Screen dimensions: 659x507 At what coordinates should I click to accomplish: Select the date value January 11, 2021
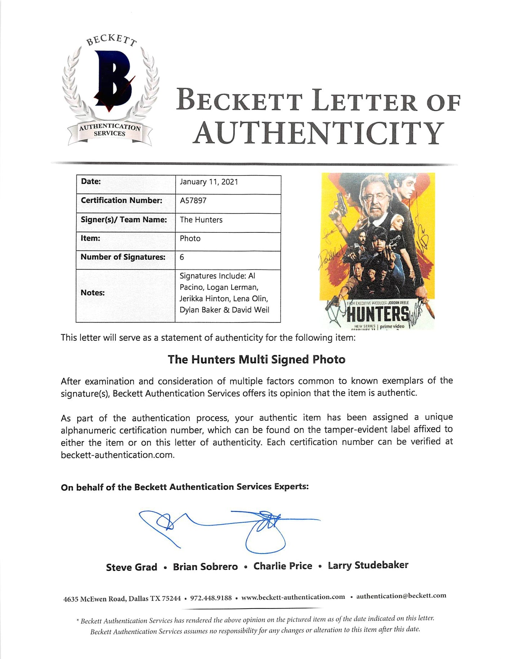coord(209,182)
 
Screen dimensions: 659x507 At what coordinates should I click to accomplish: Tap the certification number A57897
coord(193,201)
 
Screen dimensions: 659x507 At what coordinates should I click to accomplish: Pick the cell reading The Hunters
coord(201,220)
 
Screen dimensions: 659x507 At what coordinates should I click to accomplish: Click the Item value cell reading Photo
coord(190,239)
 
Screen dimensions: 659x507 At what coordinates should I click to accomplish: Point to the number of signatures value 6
coord(182,257)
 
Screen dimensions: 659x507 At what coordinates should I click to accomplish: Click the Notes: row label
coord(93,293)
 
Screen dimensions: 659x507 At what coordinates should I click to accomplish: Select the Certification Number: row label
coord(122,201)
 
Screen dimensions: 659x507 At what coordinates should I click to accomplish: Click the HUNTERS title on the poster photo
coord(378,315)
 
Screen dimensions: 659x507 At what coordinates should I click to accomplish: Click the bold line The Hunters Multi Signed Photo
coord(256,360)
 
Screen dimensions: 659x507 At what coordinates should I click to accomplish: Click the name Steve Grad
coord(131,567)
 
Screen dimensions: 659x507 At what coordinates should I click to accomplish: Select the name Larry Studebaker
coord(368,565)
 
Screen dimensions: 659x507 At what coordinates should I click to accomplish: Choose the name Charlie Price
coord(283,566)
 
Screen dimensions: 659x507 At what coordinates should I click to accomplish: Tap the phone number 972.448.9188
coord(211,598)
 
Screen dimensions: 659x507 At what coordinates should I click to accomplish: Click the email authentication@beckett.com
coord(401,596)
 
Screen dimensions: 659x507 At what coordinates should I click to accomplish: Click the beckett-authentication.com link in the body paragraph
coord(117,455)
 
